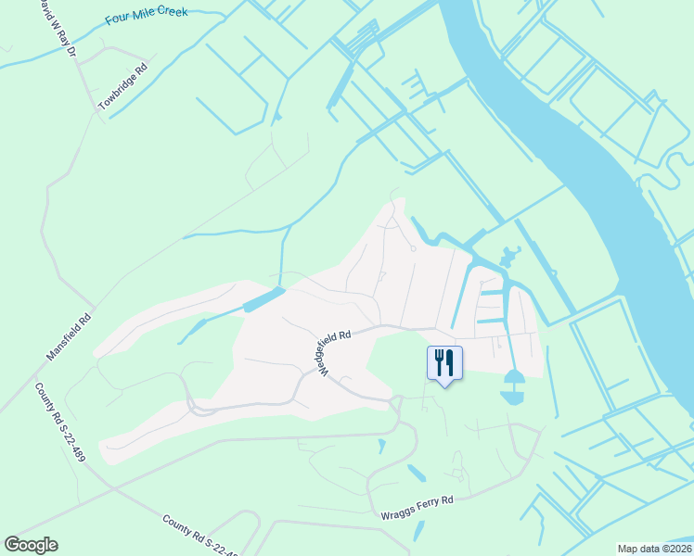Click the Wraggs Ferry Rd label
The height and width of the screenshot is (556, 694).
(x=417, y=508)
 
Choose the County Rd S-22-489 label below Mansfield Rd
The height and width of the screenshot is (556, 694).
(x=62, y=422)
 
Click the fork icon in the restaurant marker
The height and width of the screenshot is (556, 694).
(x=438, y=359)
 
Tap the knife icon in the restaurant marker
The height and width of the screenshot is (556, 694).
(x=450, y=359)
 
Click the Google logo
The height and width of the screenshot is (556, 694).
(x=31, y=545)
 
